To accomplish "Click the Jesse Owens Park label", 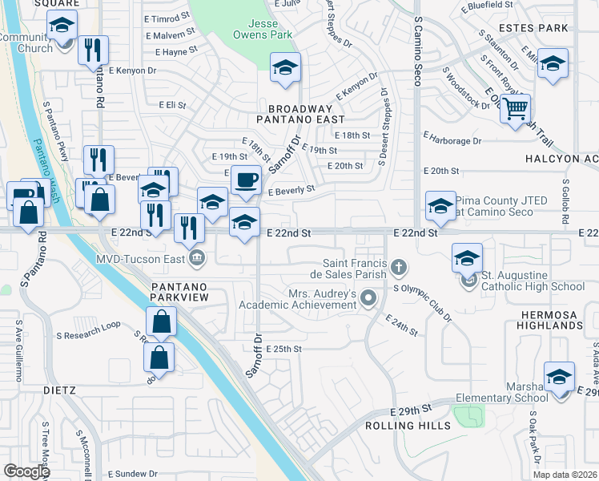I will [261, 28].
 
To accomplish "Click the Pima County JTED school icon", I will [440, 206].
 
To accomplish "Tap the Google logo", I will [26, 471].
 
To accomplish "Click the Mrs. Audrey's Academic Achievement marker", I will [368, 300].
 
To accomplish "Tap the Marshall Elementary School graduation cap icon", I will [559, 376].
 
